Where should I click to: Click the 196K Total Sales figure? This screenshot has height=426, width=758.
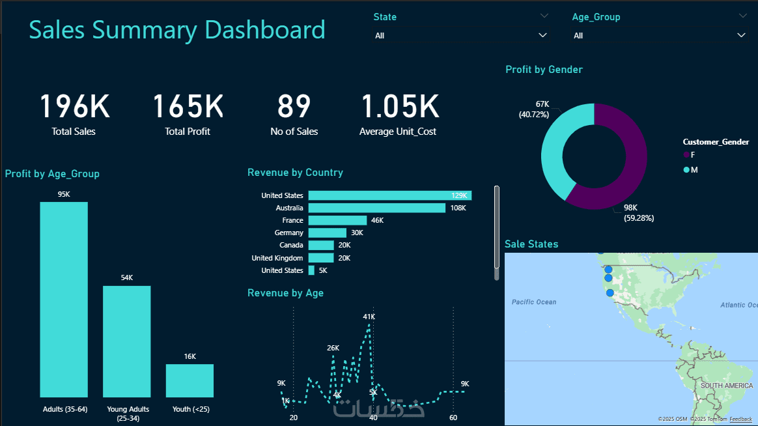[74, 107]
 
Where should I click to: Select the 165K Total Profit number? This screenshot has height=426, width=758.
[188, 107]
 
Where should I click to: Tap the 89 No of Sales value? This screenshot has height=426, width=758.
[294, 107]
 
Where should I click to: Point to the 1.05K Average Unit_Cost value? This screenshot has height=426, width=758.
[400, 107]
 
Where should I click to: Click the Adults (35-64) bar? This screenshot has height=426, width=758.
[64, 300]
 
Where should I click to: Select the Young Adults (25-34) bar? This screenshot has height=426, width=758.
[126, 341]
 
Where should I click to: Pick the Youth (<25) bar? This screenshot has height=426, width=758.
[189, 380]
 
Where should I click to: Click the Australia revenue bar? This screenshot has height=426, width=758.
[376, 208]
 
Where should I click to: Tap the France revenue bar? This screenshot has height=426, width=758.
[337, 220]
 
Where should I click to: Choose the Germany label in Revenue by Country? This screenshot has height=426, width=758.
[289, 233]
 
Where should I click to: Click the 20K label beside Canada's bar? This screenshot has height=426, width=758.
[344, 245]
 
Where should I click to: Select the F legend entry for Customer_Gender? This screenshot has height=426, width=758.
[690, 154]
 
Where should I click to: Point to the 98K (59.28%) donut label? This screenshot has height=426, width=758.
[638, 212]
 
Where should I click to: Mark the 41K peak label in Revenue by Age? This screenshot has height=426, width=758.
[369, 317]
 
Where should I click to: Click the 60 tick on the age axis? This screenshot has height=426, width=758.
[453, 418]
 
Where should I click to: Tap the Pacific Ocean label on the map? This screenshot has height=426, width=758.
[534, 302]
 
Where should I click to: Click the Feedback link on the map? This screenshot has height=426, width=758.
[740, 419]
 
